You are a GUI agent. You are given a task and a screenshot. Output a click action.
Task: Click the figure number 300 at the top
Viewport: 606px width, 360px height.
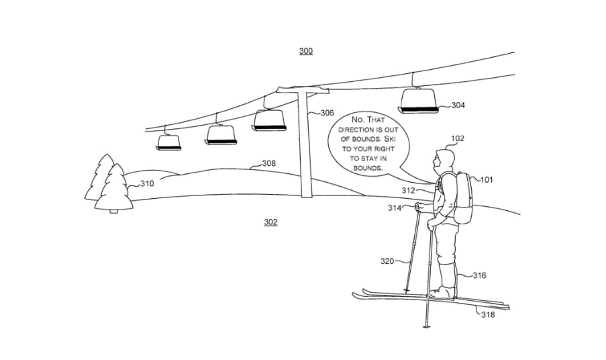click(306, 51)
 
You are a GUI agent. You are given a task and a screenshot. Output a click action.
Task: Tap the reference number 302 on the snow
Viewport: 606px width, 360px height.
click(270, 222)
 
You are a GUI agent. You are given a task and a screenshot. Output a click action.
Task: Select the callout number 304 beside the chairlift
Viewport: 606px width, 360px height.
click(458, 105)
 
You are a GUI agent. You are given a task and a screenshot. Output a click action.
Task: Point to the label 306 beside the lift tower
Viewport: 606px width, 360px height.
click(327, 113)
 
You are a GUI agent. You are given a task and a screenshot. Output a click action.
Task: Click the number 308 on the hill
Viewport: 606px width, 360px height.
click(269, 163)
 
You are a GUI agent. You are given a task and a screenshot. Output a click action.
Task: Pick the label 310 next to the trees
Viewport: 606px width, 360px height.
click(147, 183)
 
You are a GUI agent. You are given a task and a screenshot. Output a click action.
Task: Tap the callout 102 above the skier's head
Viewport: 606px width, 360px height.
click(458, 138)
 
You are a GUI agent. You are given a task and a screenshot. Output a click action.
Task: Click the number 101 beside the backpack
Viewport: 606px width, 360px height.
click(487, 179)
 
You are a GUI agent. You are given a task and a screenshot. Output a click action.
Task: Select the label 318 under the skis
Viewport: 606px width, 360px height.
click(488, 315)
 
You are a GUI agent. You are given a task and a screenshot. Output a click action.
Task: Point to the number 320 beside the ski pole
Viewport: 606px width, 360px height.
click(387, 261)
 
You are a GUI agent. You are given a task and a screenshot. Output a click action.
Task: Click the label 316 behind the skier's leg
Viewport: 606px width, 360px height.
click(479, 275)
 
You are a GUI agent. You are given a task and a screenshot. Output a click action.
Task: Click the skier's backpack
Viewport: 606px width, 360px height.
click(462, 198)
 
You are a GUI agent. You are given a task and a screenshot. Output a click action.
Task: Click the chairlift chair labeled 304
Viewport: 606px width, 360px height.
click(419, 101)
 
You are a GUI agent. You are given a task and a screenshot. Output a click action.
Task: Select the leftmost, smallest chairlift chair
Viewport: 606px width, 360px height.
click(168, 142)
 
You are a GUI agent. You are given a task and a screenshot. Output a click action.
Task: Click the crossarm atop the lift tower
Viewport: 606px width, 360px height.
click(303, 90)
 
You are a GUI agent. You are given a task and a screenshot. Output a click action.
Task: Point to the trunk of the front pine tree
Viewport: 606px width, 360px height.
click(113, 211)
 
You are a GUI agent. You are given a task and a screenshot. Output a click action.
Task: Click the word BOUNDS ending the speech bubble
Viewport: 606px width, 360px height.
click(368, 168)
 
